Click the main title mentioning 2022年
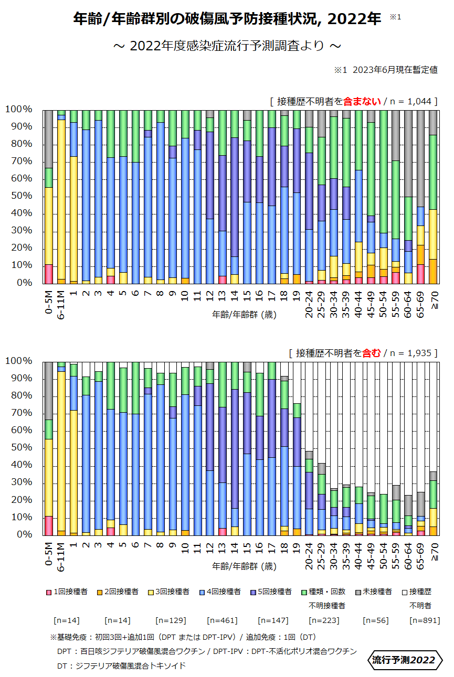coord(227,19)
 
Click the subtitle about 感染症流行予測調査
coord(227,46)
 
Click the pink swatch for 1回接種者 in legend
coord(49,592)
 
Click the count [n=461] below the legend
coord(223,620)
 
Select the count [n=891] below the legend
coord(423,620)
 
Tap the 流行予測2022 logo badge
coord(404,660)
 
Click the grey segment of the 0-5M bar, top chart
coord(49,139)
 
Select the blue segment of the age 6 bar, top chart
coord(135,223)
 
